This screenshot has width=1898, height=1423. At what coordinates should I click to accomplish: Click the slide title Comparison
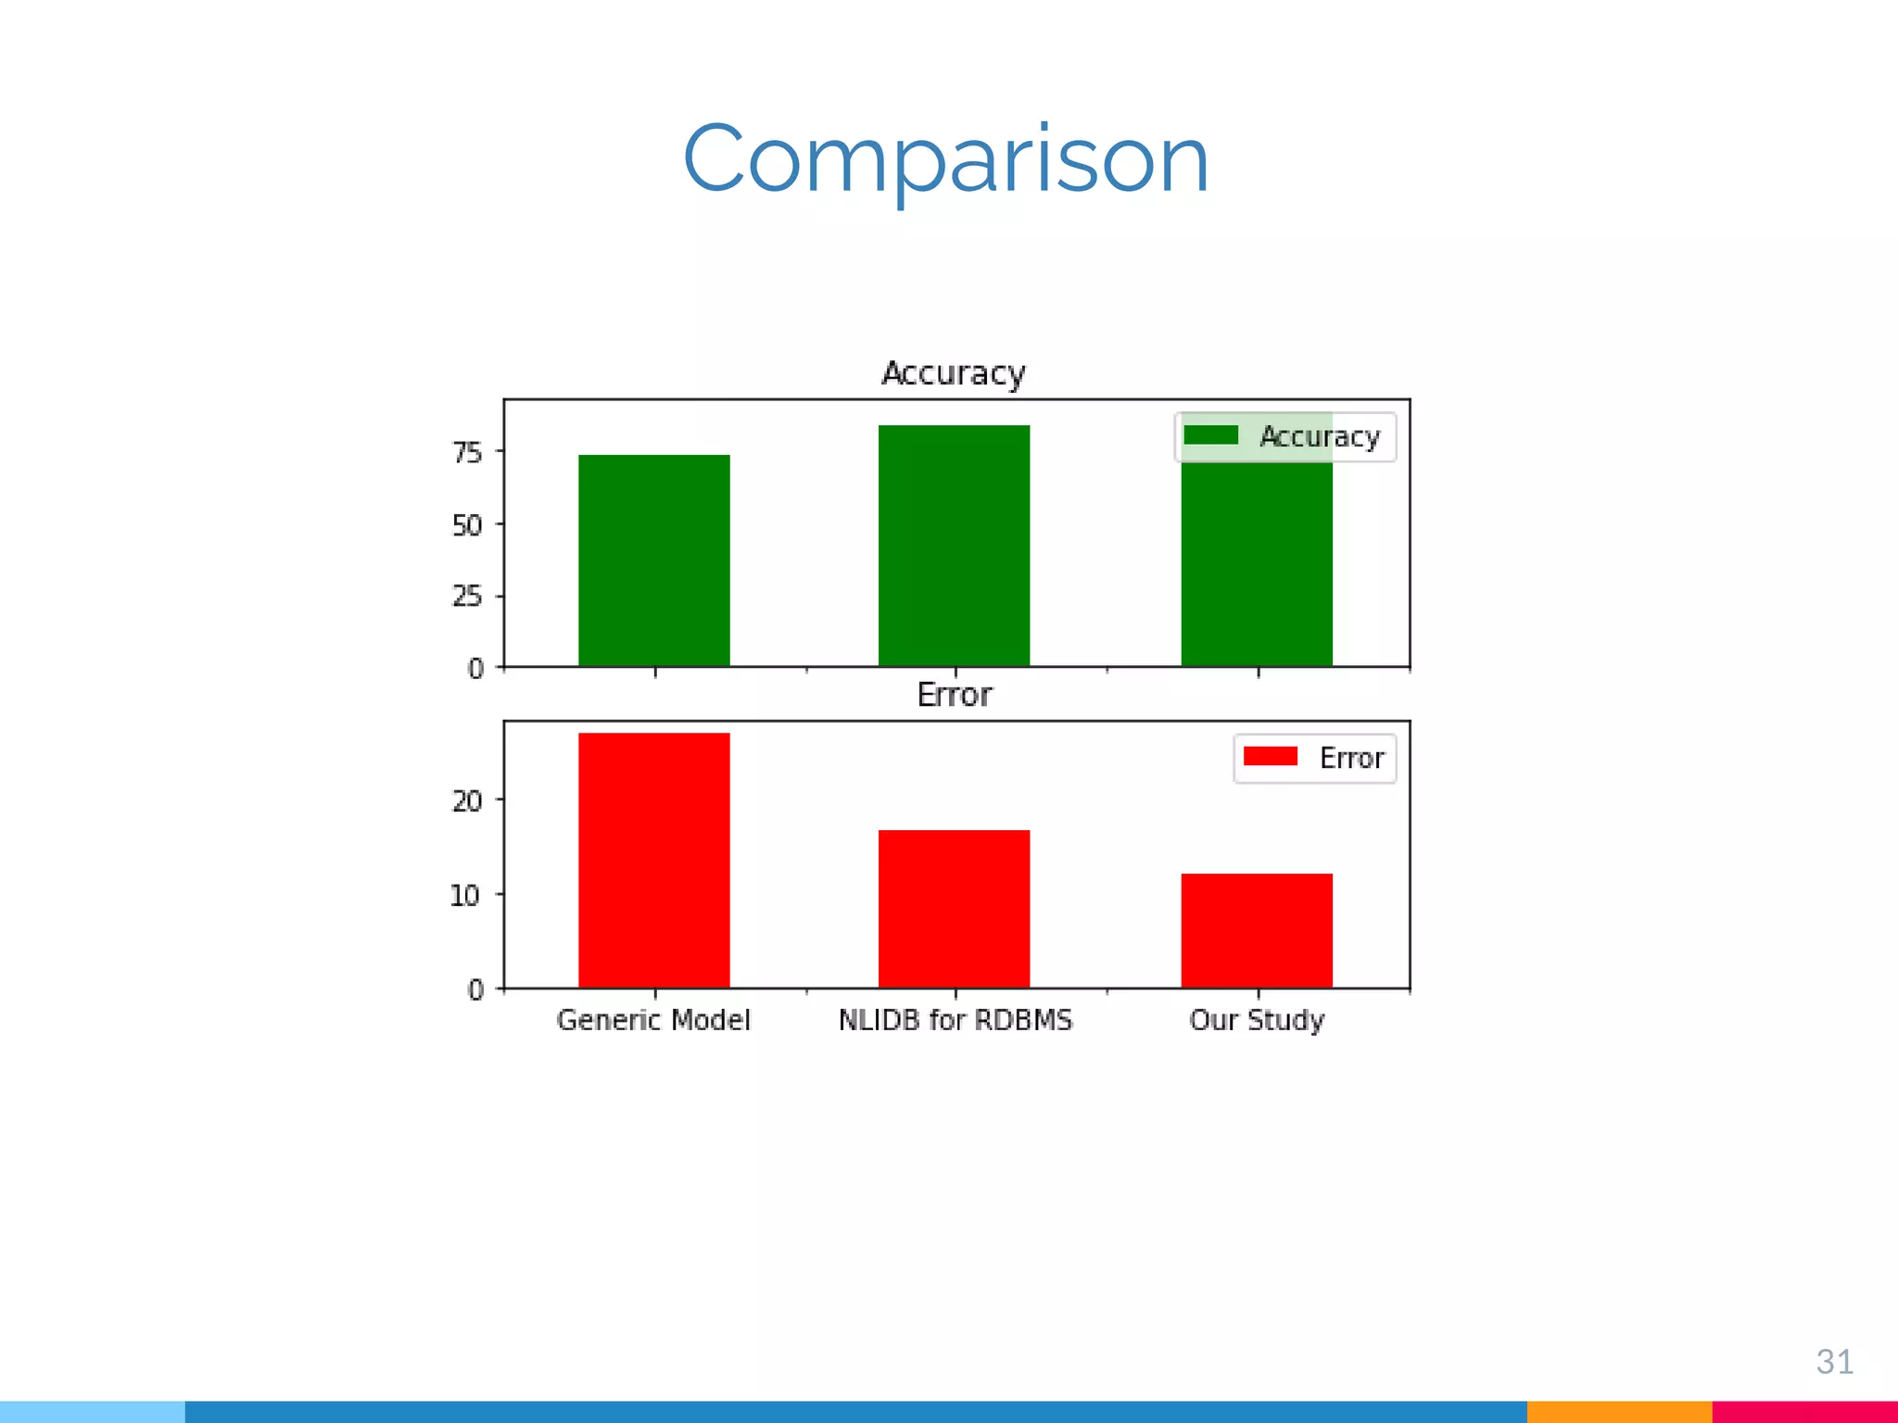(946, 159)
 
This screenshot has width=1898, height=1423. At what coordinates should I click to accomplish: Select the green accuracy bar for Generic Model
(653, 560)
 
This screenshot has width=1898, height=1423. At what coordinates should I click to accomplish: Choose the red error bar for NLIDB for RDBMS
(954, 908)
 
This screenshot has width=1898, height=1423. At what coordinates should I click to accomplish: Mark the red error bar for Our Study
(1256, 930)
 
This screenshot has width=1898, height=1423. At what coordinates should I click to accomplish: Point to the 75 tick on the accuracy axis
(467, 452)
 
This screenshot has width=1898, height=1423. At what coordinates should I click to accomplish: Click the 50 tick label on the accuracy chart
(467, 525)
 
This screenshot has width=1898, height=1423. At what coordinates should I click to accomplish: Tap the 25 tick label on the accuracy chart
(467, 596)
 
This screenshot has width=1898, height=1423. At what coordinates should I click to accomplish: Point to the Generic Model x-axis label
(653, 1020)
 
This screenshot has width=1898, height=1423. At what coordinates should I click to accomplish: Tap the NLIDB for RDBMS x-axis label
(955, 1020)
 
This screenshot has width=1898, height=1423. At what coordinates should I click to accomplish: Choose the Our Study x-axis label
(1257, 1020)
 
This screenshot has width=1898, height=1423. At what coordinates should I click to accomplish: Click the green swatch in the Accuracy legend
(1211, 435)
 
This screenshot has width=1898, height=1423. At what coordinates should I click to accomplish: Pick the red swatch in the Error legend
(1270, 757)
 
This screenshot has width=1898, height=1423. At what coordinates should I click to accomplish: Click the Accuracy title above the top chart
(954, 373)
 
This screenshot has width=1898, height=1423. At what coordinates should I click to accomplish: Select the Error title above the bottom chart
(954, 695)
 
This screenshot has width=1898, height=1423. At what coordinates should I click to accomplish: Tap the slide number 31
(1834, 1361)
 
